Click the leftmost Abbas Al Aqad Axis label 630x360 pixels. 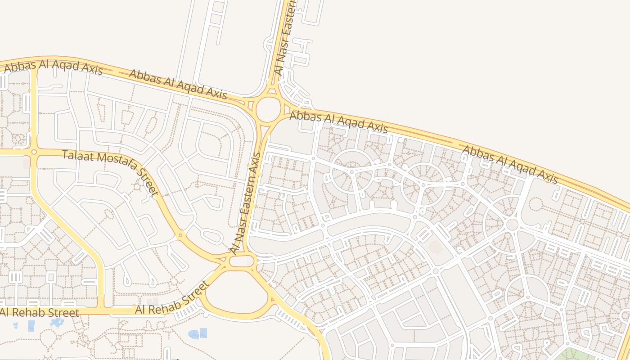[54, 67]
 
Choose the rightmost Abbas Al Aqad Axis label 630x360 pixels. [510, 164]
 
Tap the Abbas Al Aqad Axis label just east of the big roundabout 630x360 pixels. [338, 122]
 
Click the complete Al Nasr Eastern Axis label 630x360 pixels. [245, 202]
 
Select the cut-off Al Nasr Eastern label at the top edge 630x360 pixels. [284, 38]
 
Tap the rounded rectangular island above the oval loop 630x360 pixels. [242, 261]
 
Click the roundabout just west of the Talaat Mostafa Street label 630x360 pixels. [34, 152]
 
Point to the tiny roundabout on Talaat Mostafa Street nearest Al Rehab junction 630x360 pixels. [180, 234]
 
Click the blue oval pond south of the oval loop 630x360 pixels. [193, 334]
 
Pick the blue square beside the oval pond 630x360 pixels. [203, 333]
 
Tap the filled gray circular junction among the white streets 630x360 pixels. [512, 224]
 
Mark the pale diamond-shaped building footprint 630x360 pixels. [435, 247]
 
